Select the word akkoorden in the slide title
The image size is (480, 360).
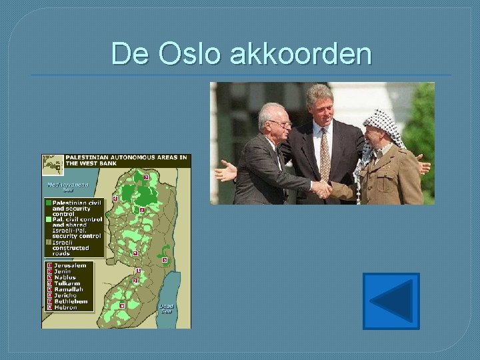300,53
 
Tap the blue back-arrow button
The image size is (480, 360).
391,301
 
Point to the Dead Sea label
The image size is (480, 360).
167,308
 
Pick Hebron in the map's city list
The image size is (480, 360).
65,307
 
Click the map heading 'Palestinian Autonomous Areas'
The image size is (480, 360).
127,160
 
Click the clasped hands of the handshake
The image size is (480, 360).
322,189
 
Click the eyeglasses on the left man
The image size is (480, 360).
281,124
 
